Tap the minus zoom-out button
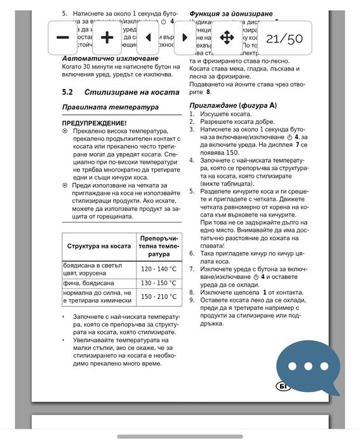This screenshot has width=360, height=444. tap(63, 37)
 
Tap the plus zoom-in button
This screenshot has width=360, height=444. tap(107, 37)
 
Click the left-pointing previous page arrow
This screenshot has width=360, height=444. tap(148, 37)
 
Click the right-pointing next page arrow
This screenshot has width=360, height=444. tap(185, 37)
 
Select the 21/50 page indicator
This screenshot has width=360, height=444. tap(284, 38)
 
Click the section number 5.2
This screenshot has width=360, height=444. tap(68, 93)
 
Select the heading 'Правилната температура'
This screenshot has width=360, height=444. tap(110, 107)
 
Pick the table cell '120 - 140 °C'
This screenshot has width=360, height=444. tap(158, 269)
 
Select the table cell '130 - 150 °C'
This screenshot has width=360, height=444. tap(158, 283)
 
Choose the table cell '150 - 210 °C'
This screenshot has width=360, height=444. tap(158, 297)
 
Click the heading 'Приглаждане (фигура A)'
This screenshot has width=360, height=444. tap(233, 104)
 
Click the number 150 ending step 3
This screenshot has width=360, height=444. tap(232, 153)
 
